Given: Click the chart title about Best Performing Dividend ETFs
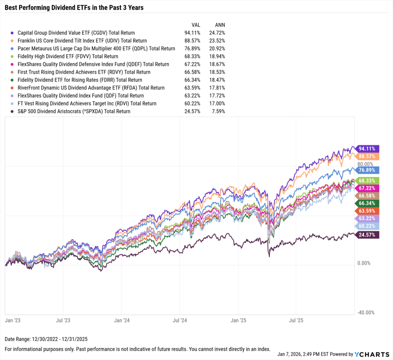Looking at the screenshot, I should tap(74, 7).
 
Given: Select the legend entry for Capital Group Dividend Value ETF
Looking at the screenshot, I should tap(76, 33).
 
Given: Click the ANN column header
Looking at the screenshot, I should tap(220, 25).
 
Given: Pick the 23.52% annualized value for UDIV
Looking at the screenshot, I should tap(217, 41).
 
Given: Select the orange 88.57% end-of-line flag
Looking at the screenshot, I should tap(367, 156).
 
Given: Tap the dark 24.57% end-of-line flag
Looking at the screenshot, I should tap(367, 235).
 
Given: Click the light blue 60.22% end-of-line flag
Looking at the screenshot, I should tap(367, 227).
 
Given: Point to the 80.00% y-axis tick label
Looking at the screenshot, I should tap(365, 164).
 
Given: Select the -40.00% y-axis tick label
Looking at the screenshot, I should tap(365, 312).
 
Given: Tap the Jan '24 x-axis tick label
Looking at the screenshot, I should tap(121, 319).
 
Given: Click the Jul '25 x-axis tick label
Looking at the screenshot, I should tap(296, 319).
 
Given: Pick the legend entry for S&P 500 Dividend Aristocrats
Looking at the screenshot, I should tap(74, 112).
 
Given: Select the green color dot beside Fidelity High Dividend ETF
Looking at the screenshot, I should tap(13, 57).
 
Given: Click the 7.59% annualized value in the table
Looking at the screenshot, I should tap(218, 112).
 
